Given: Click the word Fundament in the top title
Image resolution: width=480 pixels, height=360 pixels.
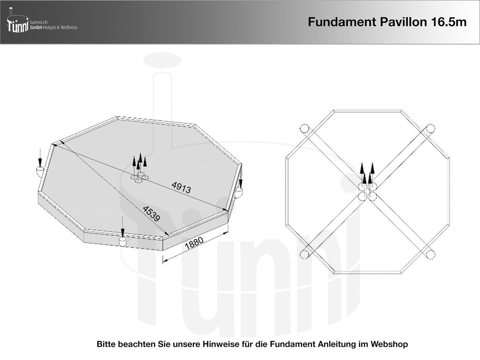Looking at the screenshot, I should (x=340, y=22).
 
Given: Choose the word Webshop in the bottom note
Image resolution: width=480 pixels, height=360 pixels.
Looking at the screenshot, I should (x=389, y=344).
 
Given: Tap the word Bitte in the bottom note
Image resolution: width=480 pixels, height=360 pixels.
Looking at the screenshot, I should (x=106, y=344).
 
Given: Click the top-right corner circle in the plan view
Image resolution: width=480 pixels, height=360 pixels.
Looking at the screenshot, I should (x=430, y=128).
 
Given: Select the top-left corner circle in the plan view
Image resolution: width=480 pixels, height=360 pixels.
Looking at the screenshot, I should (x=304, y=128).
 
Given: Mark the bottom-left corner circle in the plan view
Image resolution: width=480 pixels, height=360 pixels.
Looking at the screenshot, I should (x=304, y=254).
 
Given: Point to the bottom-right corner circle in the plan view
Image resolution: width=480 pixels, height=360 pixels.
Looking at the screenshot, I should (x=430, y=254).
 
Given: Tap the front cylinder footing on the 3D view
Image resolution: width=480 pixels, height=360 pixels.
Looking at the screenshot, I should (x=123, y=241).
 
